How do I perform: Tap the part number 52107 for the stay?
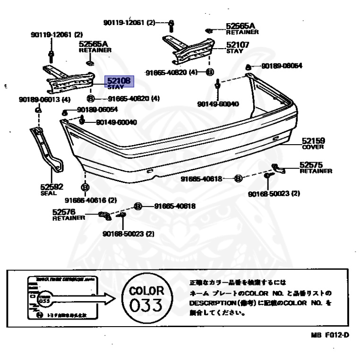238,45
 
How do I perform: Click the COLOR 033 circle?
146,298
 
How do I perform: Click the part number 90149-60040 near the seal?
116,122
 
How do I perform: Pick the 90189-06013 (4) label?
45,99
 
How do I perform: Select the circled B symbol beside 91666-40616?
85,188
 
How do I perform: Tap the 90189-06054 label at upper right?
282,66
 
